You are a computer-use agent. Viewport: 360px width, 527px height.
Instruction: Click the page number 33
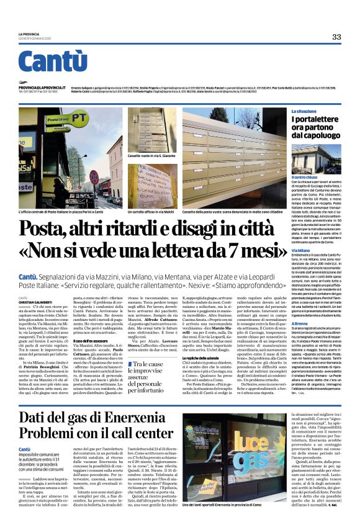tap(336, 37)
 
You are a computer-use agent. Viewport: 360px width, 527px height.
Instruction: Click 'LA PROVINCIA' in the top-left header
tap(29, 34)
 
